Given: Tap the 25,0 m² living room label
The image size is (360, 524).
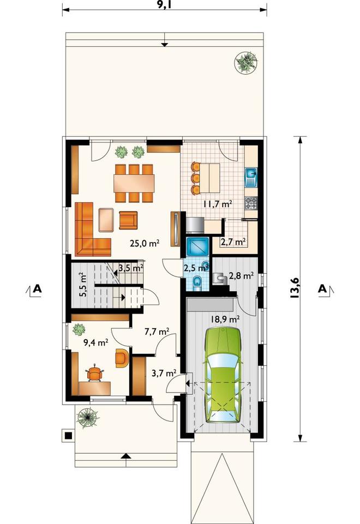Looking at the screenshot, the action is pyautogui.click(x=144, y=243).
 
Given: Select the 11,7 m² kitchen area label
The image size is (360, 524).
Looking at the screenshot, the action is pyautogui.click(x=218, y=203).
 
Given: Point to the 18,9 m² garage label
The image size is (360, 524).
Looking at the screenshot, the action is pyautogui.click(x=225, y=319).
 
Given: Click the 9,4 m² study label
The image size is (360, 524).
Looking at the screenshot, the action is pyautogui.click(x=95, y=342).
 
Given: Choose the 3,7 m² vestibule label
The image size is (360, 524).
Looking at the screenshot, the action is pyautogui.click(x=164, y=373).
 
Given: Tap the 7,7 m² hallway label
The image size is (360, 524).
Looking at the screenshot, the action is pyautogui.click(x=157, y=332).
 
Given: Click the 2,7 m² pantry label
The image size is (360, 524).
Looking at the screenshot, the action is pyautogui.click(x=233, y=242).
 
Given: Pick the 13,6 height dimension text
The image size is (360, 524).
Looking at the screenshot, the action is pyautogui.click(x=297, y=288).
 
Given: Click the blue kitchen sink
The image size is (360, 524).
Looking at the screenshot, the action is pyautogui.click(x=250, y=177).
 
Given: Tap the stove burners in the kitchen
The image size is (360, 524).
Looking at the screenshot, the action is pyautogui.click(x=251, y=203).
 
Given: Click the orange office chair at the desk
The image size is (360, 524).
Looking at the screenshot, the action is pyautogui.click(x=95, y=374).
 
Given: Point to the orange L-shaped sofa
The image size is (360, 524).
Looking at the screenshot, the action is pyautogui.click(x=88, y=234).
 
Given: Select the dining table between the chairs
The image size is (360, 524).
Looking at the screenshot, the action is pyautogui.click(x=134, y=183).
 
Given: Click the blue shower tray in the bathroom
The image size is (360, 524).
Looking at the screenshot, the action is pyautogui.click(x=197, y=246).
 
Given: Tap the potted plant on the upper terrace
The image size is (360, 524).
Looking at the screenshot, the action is pyautogui.click(x=247, y=62).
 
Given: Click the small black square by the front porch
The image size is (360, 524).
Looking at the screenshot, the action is pyautogui.click(x=68, y=435).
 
